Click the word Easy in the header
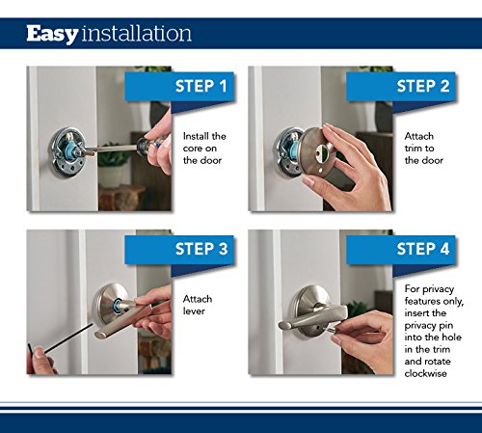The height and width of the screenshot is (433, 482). [52, 34]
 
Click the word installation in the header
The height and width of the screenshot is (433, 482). [137, 33]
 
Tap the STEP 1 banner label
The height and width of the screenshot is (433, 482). [201, 86]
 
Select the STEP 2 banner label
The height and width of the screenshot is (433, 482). [423, 86]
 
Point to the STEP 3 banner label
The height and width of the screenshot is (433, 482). [201, 249]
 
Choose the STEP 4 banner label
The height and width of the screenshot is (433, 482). [423, 249]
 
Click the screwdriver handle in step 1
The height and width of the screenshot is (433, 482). [150, 146]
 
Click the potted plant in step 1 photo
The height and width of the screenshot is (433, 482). [112, 166]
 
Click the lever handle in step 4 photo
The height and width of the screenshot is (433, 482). [312, 317]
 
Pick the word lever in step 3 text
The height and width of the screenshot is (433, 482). [194, 311]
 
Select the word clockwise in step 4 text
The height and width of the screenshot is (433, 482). [425, 373]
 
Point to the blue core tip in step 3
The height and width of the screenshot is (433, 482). [117, 304]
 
